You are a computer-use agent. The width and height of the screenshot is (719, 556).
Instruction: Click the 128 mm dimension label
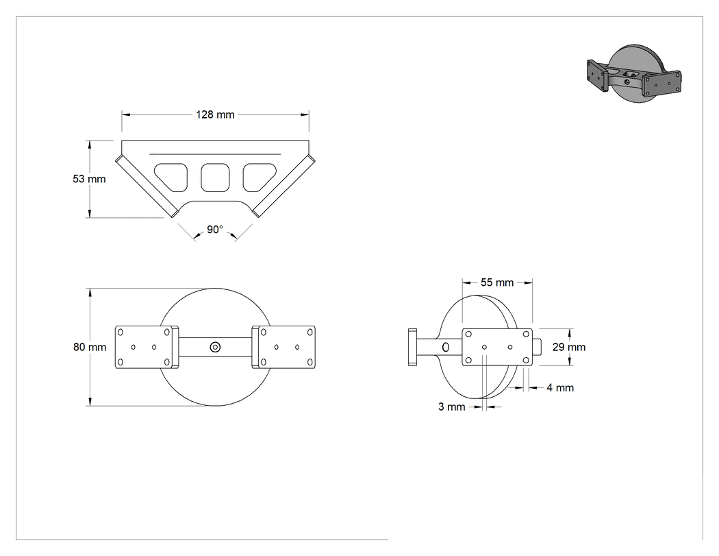(x=215, y=114)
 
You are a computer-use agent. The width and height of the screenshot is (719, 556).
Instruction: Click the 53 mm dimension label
(x=89, y=179)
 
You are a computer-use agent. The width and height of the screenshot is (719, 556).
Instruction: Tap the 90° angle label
(x=214, y=229)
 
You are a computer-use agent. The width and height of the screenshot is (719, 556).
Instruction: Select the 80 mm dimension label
(x=90, y=347)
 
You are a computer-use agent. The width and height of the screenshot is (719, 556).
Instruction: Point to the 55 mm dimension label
(x=497, y=282)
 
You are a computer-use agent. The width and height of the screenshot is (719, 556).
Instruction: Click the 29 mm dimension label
(x=568, y=347)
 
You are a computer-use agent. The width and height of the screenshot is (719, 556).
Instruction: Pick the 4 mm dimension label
(x=560, y=388)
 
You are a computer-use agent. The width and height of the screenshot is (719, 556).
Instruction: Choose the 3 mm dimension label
(x=452, y=407)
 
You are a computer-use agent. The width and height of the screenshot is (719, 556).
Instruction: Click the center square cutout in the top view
(x=215, y=178)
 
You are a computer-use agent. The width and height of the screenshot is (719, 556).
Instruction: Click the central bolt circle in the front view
(x=215, y=347)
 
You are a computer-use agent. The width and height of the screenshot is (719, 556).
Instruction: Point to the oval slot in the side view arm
(x=446, y=347)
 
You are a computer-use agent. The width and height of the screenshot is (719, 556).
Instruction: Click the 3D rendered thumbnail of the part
(x=634, y=73)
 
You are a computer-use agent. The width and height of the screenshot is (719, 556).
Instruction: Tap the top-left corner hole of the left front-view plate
(x=121, y=332)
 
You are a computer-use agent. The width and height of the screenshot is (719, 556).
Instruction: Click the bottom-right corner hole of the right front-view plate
(x=310, y=363)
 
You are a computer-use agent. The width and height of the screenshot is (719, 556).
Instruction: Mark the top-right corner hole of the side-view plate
(x=526, y=335)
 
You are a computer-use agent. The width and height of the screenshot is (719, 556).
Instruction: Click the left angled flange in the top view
(x=147, y=186)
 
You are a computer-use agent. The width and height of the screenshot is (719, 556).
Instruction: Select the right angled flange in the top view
(x=283, y=186)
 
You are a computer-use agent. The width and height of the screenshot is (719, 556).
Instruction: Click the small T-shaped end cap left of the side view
(x=412, y=347)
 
